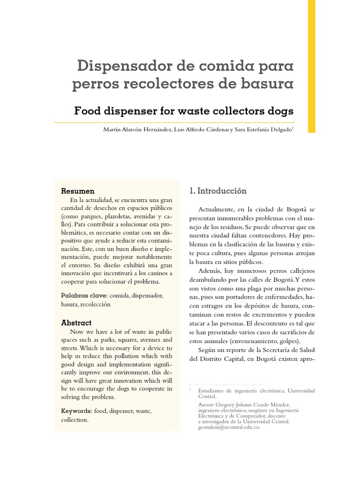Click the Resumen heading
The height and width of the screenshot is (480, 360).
pos(78,191)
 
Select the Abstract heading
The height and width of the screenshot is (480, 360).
pos(76,323)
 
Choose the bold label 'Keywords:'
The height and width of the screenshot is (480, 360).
pos(77,411)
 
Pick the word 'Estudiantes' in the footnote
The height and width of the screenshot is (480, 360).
pos(214,390)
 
